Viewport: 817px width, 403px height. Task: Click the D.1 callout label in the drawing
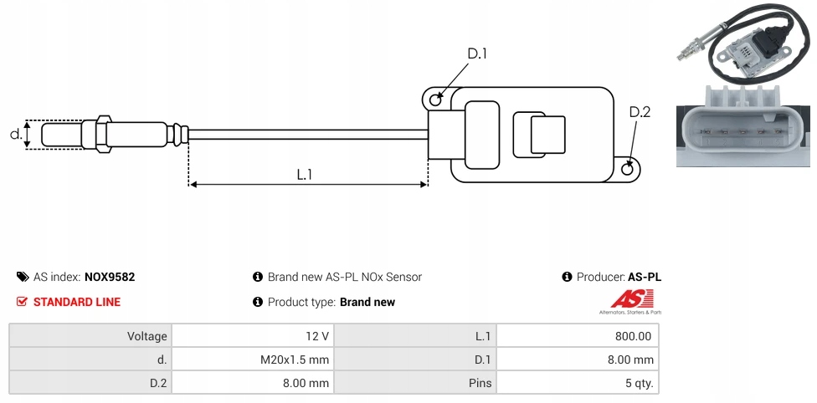click(x=477, y=54)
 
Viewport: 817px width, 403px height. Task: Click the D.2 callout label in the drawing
click(x=639, y=113)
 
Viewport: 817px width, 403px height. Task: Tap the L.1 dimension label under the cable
click(x=305, y=174)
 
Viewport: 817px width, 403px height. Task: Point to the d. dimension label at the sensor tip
click(x=15, y=134)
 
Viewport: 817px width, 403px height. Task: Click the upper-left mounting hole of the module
click(x=435, y=100)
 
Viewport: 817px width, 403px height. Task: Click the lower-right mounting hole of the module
click(x=629, y=169)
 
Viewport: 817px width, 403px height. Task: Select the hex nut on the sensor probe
click(x=104, y=134)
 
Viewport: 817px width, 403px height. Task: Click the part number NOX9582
click(x=110, y=277)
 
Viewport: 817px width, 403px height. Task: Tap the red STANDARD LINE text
click(x=77, y=302)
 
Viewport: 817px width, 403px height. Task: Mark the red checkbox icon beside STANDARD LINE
click(x=23, y=302)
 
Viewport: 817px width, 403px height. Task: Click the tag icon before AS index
click(x=23, y=277)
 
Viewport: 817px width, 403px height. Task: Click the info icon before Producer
click(x=568, y=277)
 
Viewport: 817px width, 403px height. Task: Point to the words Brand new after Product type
click(x=367, y=302)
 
